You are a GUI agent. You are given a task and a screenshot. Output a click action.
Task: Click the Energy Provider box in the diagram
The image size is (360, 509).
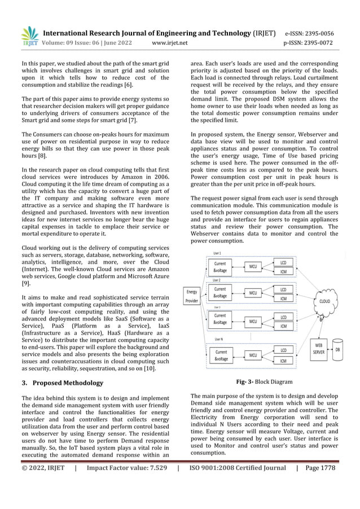192,296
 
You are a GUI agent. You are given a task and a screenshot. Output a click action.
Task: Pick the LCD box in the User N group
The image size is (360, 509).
283,350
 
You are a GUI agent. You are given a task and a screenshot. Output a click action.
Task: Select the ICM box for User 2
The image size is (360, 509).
283,298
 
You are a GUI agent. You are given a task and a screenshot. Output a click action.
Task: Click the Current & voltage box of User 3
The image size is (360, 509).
221,319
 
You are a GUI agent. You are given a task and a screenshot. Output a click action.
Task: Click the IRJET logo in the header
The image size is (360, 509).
30,35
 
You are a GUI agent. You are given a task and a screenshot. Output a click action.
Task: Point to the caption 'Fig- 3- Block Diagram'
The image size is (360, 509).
264,381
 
